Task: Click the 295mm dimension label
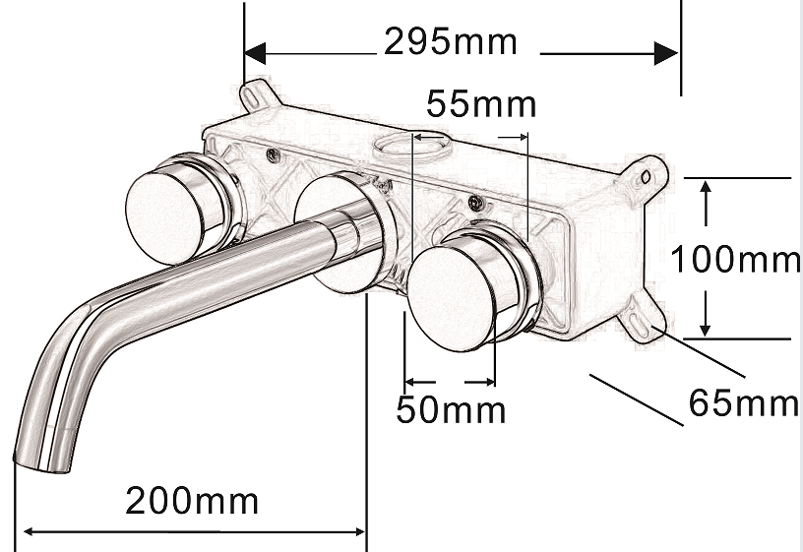[450, 41]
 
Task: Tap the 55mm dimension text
[481, 104]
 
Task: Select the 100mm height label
[735, 259]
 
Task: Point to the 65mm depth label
[743, 402]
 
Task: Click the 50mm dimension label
[451, 409]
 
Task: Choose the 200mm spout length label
[192, 500]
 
